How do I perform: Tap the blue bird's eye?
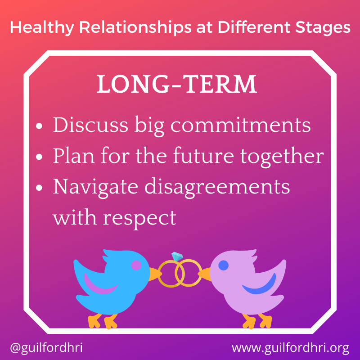pyautogui.click(x=136, y=266)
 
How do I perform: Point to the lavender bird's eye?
pyautogui.click(x=223, y=265)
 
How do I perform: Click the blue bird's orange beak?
pyautogui.click(x=154, y=273)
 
